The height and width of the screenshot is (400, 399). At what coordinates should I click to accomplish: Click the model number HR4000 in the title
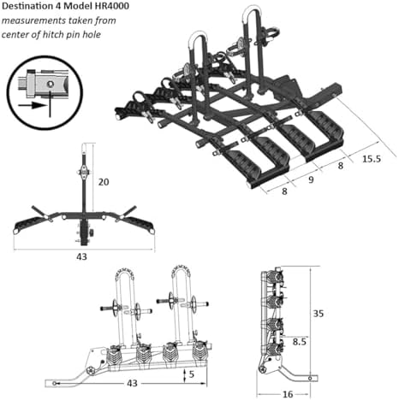111,6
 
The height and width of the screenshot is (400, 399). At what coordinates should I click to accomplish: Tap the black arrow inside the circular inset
32,105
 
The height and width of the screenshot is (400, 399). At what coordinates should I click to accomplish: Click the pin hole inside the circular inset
51,84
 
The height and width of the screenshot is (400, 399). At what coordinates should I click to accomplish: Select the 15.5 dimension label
372,159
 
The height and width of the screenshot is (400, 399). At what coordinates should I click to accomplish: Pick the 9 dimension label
311,179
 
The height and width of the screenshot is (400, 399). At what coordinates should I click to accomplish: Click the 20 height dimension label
104,182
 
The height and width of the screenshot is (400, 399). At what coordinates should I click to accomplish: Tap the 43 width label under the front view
81,256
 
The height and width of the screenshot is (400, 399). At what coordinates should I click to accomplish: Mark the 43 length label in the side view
132,383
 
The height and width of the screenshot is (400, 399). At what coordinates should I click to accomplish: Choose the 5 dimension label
192,374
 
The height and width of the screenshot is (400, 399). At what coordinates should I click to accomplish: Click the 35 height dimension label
319,314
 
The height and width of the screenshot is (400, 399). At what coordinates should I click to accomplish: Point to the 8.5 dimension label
300,341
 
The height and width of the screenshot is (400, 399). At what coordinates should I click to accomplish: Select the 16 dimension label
288,394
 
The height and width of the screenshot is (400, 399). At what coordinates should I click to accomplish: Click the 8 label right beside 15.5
341,166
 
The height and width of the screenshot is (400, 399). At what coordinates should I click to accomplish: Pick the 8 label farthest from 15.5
284,191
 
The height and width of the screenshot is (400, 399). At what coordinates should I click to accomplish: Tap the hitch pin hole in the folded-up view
310,378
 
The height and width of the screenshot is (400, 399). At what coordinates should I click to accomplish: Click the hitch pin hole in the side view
55,384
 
